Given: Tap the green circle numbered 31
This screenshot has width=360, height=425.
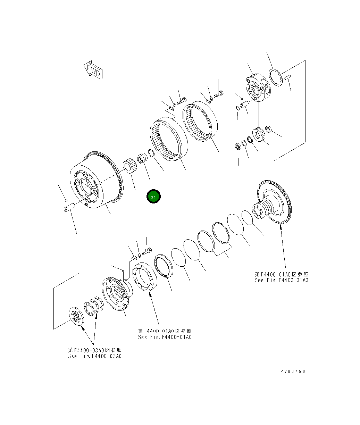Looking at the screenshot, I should point(153,197).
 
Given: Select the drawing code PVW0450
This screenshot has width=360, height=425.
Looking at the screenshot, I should point(293,371).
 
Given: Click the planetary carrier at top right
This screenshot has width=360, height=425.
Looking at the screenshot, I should point(258,88).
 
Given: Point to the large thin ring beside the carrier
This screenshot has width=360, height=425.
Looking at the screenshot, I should point(276,77).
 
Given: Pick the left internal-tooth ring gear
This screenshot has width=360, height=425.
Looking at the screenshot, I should point(168,139).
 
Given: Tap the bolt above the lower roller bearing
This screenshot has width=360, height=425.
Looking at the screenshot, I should point(147,250).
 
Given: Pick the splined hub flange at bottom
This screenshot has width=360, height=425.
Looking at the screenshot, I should point(116,293).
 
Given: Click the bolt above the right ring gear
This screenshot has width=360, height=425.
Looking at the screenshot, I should point(219,93).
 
